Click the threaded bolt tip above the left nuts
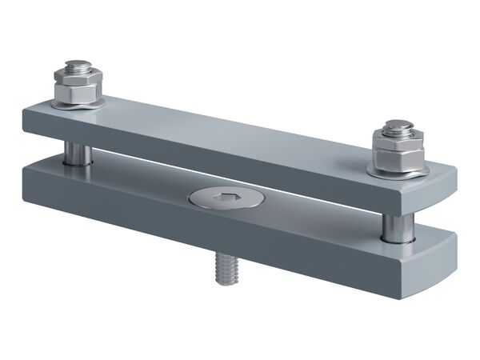click(x=76, y=63)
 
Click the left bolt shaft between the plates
click(x=77, y=151)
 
